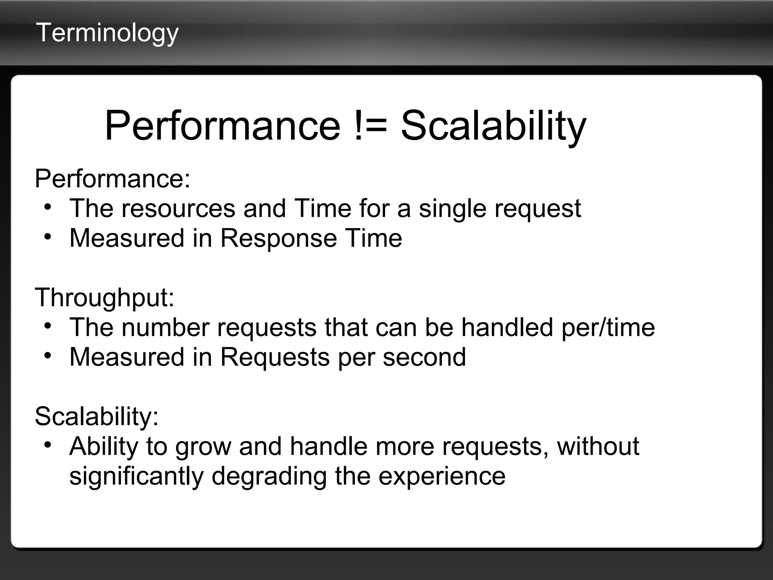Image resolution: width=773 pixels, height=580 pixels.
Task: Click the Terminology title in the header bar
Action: [x=107, y=33]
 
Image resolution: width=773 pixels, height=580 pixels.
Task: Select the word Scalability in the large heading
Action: [x=493, y=126]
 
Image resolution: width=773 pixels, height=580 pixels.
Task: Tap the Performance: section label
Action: [x=112, y=179]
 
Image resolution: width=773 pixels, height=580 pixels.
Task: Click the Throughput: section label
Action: [x=105, y=298]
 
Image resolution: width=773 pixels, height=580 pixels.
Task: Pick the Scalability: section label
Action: [x=97, y=416]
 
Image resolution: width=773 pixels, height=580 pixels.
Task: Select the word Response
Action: [x=279, y=238]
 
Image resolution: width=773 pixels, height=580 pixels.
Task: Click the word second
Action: [x=424, y=357]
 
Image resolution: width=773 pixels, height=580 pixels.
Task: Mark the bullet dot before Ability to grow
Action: [x=47, y=445]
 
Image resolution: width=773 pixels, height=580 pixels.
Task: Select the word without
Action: [x=598, y=446]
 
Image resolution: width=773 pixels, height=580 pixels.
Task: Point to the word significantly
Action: [x=136, y=477]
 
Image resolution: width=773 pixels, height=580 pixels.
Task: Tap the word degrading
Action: [x=269, y=477]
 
